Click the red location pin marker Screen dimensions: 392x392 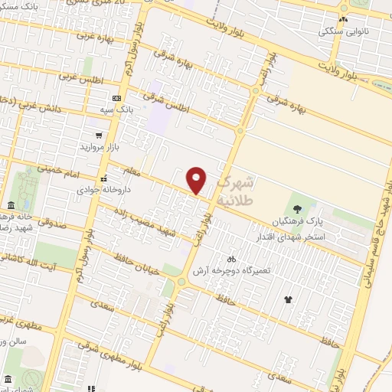click(197, 181)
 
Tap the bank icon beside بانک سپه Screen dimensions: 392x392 click(116, 98)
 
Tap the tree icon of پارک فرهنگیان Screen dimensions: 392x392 click(297, 208)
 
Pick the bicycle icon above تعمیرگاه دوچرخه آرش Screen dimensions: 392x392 click(232, 260)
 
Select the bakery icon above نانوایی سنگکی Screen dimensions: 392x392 click(344, 20)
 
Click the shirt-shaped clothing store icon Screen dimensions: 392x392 click(289, 299)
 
